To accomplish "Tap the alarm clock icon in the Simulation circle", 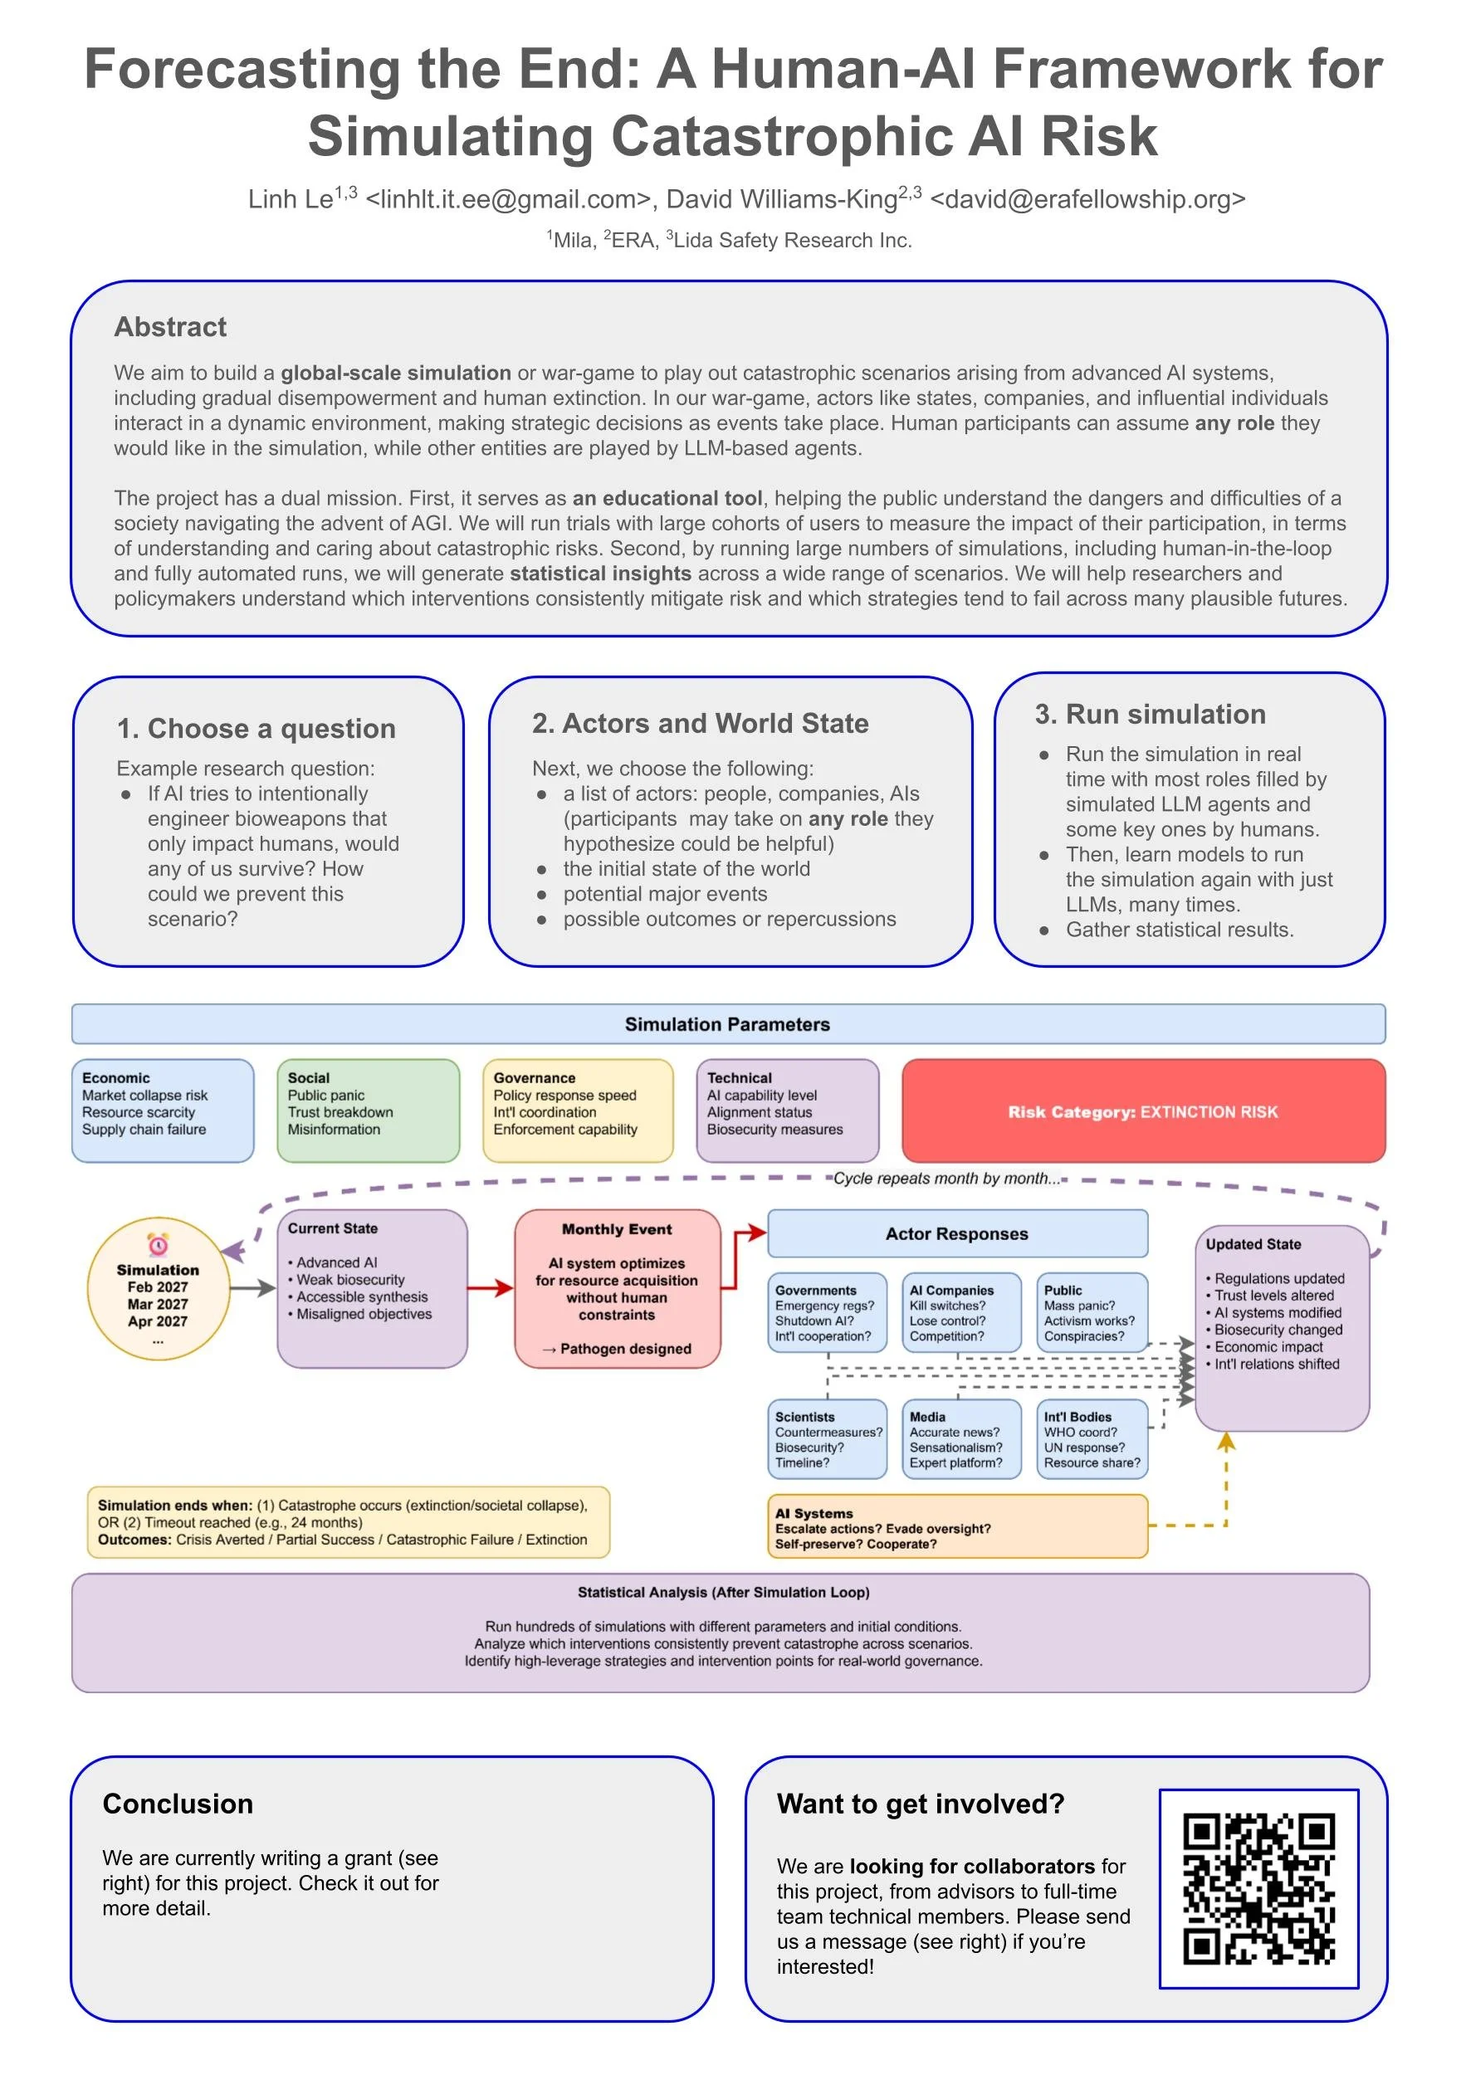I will [x=159, y=1245].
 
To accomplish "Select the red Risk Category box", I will [x=1143, y=1111].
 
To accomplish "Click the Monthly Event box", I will [x=618, y=1288].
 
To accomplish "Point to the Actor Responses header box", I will [x=957, y=1233].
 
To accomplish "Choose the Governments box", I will [x=827, y=1312].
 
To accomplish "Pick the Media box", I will [x=960, y=1438].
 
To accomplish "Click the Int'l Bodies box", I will [x=1092, y=1438].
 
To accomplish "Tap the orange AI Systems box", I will [x=957, y=1527].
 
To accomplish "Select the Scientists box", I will [x=827, y=1438].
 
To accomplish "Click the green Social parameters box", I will [x=368, y=1110].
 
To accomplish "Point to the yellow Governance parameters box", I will [x=578, y=1110].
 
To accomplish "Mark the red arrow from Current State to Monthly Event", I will [x=491, y=1289].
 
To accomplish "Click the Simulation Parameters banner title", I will [x=727, y=1024].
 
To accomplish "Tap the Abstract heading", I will [x=170, y=327].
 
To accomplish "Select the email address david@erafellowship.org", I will [x=1087, y=199].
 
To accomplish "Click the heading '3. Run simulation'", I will [x=1150, y=714].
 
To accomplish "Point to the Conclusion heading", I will [x=178, y=1804].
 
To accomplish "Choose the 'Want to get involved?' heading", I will [x=920, y=1804].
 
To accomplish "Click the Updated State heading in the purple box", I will [x=1253, y=1244].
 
